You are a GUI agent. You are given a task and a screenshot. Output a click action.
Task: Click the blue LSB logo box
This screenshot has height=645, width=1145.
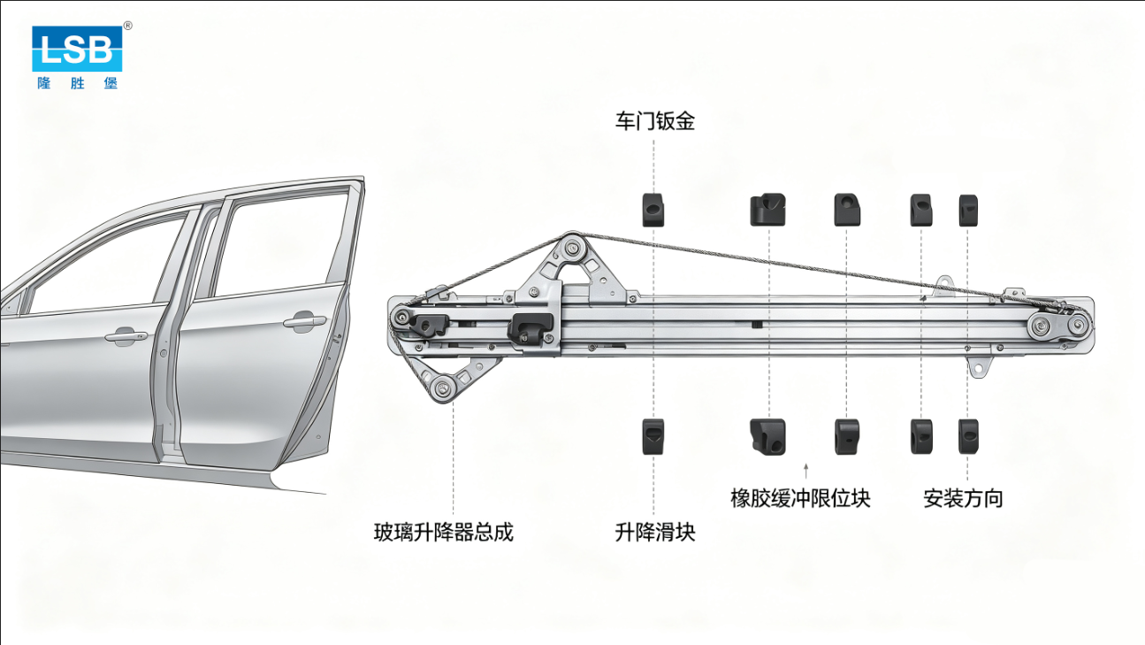pyautogui.click(x=77, y=49)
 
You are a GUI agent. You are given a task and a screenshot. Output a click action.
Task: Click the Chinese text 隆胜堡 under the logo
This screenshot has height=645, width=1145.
pyautogui.click(x=78, y=83)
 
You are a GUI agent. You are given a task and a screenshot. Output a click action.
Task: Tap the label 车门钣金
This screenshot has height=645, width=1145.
pyautogui.click(x=655, y=121)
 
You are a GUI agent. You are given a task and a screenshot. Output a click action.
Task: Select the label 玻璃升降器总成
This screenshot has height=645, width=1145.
pyautogui.click(x=443, y=532)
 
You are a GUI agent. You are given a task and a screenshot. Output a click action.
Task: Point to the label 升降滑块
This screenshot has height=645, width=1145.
pyautogui.click(x=655, y=532)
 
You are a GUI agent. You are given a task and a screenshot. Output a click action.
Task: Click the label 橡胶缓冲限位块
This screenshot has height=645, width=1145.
pyautogui.click(x=800, y=498)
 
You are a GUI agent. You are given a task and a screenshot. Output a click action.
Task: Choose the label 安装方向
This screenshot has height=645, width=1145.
pyautogui.click(x=963, y=498)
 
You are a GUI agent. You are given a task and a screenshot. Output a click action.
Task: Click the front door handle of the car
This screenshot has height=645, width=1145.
pyautogui.click(x=126, y=335)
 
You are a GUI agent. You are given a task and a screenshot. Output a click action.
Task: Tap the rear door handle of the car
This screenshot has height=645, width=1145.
pyautogui.click(x=305, y=321)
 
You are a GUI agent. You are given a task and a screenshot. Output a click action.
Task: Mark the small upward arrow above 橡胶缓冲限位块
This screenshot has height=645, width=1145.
pyautogui.click(x=806, y=471)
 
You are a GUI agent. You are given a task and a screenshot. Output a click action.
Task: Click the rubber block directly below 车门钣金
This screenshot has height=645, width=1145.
pyautogui.click(x=653, y=210)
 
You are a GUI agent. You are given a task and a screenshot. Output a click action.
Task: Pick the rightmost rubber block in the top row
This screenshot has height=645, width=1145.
pyautogui.click(x=968, y=211)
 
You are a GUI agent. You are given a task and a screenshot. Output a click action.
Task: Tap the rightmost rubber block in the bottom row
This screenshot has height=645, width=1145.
pyautogui.click(x=968, y=436)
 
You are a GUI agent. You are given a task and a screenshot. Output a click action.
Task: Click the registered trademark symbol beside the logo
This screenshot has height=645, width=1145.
pyautogui.click(x=128, y=26)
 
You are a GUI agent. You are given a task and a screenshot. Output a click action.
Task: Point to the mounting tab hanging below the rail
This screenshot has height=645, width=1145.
pyautogui.click(x=979, y=367)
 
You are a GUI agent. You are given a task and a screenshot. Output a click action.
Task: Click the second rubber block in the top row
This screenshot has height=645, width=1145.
pyautogui.click(x=767, y=210)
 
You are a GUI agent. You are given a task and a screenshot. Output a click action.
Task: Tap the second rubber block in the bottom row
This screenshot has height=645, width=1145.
pyautogui.click(x=767, y=437)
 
